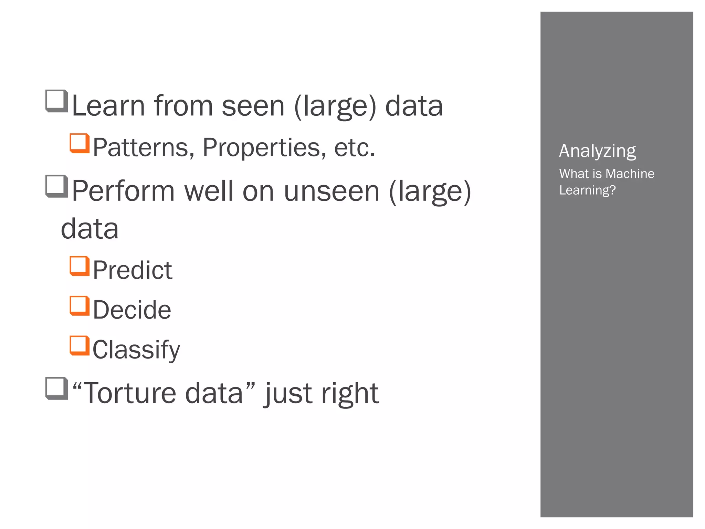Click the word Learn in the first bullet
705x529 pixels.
[x=108, y=106]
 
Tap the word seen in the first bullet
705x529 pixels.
[x=253, y=106]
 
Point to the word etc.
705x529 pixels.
[x=354, y=148]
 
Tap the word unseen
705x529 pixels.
[x=332, y=191]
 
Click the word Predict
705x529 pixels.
[x=133, y=270]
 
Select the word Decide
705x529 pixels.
[x=132, y=310]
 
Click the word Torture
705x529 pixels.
[x=129, y=393]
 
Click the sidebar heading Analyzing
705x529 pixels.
[x=597, y=151]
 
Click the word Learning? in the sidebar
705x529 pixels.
[x=587, y=190]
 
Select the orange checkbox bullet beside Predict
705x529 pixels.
[x=80, y=266]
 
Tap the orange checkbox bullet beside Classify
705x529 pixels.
[x=80, y=345]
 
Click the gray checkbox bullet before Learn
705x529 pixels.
[x=56, y=101]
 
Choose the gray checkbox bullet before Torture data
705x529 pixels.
[x=56, y=388]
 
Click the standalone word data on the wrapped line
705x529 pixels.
[x=90, y=229]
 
